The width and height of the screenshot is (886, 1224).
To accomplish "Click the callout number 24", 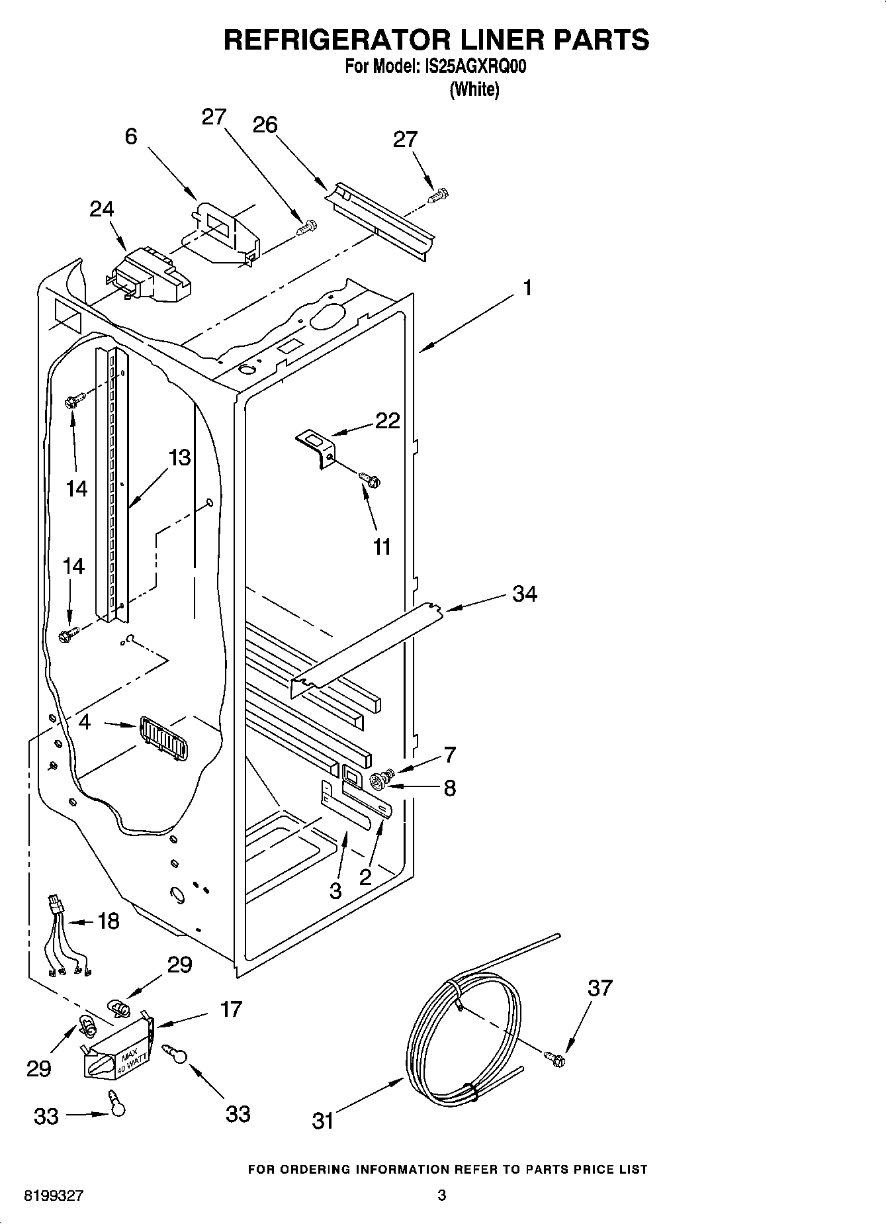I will [x=102, y=209].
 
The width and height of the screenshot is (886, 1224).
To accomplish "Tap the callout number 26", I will [x=265, y=124].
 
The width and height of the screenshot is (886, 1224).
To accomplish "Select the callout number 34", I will [x=524, y=594].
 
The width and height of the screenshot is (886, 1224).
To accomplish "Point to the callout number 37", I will [x=600, y=988].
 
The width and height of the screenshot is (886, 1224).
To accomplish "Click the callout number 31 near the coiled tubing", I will [x=323, y=1121].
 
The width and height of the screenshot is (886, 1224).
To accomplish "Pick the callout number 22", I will [x=388, y=420].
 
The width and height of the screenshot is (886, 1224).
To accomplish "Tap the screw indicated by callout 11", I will [x=368, y=479].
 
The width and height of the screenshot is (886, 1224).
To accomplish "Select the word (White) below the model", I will [x=474, y=89].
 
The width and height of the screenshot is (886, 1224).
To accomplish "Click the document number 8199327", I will [x=54, y=1196].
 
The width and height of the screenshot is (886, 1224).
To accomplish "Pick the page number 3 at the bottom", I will [x=442, y=1196].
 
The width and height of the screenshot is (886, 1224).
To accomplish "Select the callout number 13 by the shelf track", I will [x=179, y=457].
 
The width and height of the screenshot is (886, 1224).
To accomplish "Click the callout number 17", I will [x=232, y=1009].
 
